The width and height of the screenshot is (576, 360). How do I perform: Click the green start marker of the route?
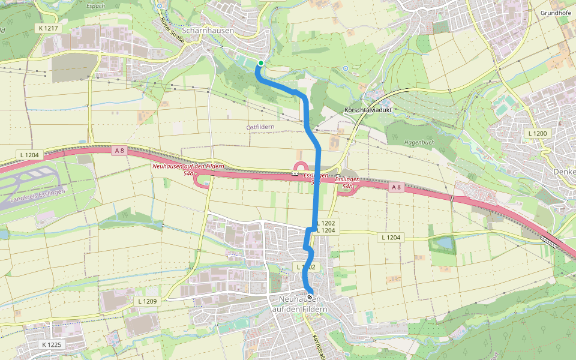261,63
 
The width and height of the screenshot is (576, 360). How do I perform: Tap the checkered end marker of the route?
310,297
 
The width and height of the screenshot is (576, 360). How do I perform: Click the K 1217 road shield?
48,28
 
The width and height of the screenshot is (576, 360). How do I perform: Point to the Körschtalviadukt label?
367,111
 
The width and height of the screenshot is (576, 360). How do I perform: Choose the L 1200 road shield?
538,133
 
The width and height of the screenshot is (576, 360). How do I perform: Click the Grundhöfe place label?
555,13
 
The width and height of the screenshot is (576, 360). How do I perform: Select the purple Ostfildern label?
260,127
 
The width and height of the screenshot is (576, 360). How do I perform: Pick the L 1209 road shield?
147,301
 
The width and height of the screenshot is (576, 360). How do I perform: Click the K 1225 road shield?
53,344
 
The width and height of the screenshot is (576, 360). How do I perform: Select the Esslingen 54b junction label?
347,183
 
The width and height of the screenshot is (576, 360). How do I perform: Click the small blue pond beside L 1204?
445,244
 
